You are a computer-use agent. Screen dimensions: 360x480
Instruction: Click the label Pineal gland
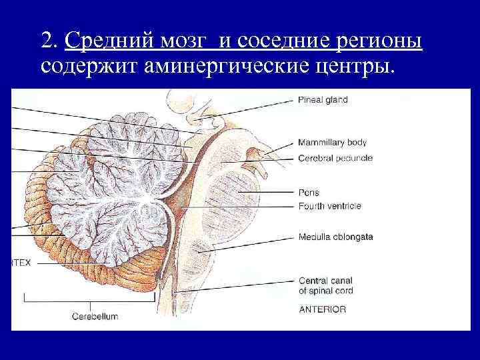coord(323,100)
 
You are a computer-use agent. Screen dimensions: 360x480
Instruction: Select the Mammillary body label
coord(332,143)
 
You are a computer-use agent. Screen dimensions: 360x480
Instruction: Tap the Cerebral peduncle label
coord(335,158)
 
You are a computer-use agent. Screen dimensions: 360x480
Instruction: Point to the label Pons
coord(309,193)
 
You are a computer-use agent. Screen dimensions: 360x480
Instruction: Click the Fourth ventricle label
coord(329,206)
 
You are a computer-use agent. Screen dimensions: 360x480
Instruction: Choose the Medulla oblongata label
coord(335,237)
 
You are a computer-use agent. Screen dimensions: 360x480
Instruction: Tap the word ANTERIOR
coord(322,309)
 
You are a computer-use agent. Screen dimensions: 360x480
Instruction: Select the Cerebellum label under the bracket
coord(95,316)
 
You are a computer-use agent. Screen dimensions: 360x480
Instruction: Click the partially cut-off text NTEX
coord(21,263)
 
